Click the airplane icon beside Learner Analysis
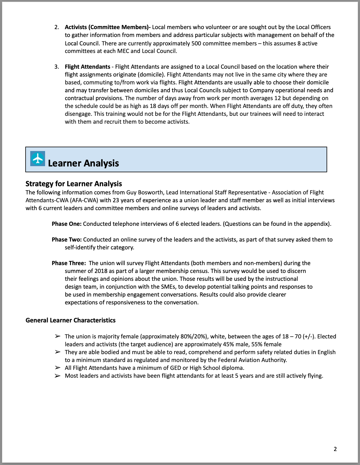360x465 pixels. coord(38,159)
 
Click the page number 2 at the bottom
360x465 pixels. coord(335,449)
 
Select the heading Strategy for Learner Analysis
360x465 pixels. coord(74,184)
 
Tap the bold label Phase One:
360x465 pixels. coord(67,224)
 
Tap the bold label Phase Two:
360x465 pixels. coord(67,239)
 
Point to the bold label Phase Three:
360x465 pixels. coord(69,263)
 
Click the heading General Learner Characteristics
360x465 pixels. coord(70,320)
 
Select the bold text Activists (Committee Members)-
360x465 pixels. coord(108,27)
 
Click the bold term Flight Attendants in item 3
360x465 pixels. coord(87,67)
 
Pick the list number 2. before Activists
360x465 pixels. coord(57,27)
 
